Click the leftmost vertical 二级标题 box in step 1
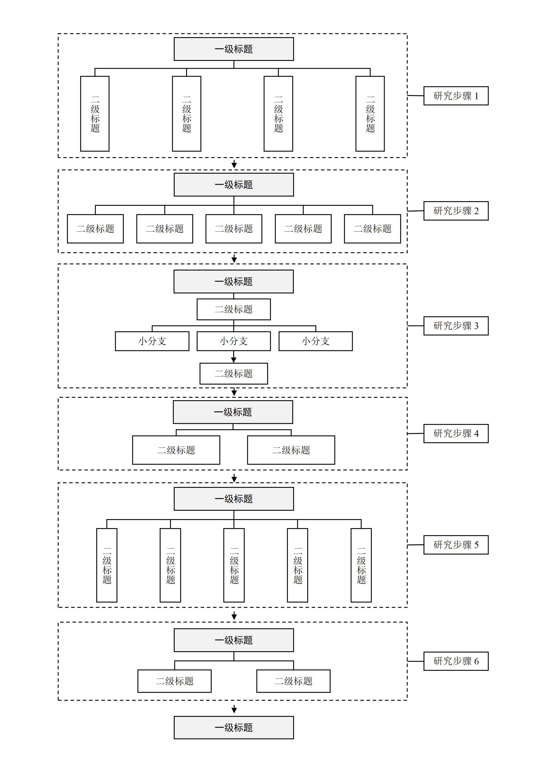click(95, 114)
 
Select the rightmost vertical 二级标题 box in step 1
click(370, 114)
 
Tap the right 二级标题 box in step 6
click(293, 681)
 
